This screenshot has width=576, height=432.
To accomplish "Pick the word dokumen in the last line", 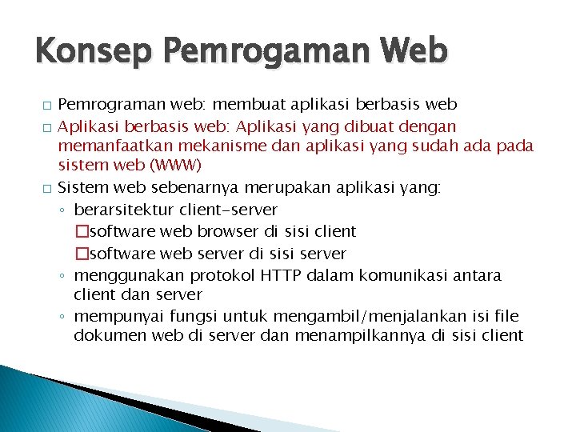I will [x=106, y=336].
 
